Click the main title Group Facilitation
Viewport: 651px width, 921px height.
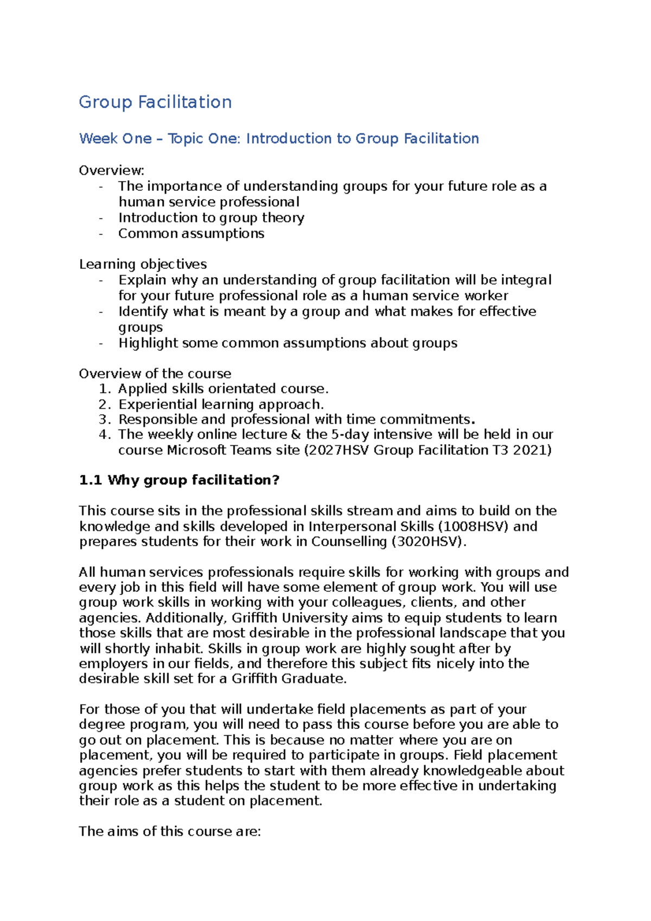pyautogui.click(x=155, y=102)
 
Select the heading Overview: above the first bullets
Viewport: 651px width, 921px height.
pyautogui.click(x=112, y=170)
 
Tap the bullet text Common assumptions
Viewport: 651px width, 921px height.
pyautogui.click(x=191, y=233)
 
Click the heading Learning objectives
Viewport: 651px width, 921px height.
pyautogui.click(x=143, y=264)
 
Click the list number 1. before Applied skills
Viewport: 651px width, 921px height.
pyautogui.click(x=105, y=388)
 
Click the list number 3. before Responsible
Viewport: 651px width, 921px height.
pyautogui.click(x=105, y=419)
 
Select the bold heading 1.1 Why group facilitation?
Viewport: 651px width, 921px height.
pyautogui.click(x=179, y=480)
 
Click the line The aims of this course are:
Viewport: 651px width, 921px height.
pyautogui.click(x=170, y=831)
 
